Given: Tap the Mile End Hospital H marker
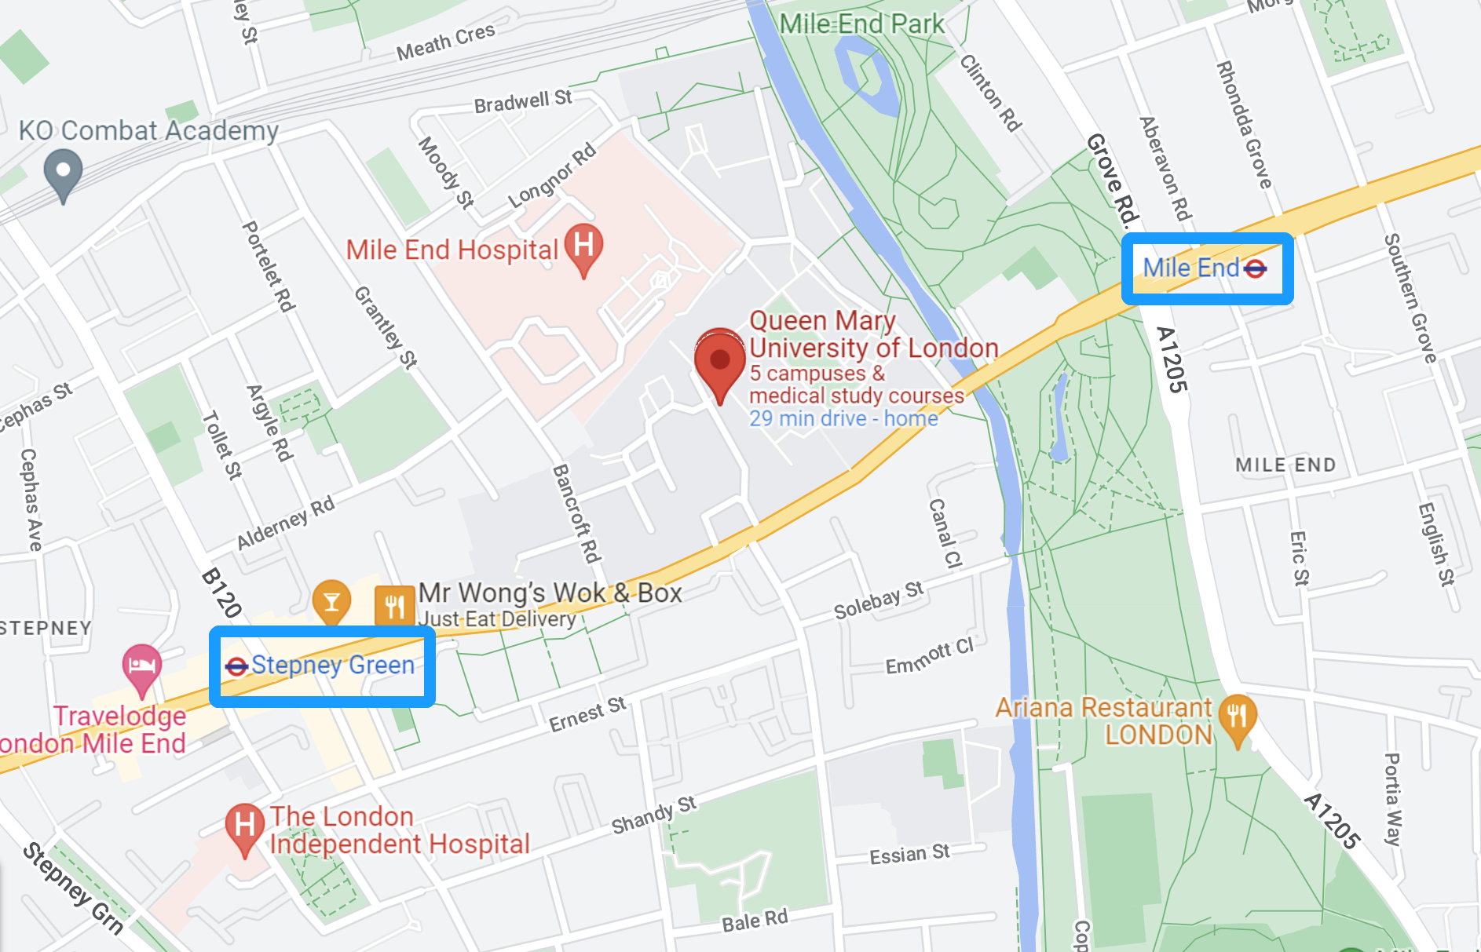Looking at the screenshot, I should (583, 246).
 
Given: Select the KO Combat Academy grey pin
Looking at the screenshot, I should (64, 172).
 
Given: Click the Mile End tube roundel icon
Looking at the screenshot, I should (1255, 269).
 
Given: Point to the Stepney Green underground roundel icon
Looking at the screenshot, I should (236, 666).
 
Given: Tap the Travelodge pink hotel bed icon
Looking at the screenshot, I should (141, 666).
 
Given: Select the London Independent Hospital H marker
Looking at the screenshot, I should (244, 826).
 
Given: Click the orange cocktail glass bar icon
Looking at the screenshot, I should (331, 602).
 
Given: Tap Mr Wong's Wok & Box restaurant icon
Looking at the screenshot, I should (394, 606).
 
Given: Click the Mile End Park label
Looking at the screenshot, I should (861, 24).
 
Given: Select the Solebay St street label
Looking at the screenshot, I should (878, 600).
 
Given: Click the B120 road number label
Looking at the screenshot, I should (221, 593).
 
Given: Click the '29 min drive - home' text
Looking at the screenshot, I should (843, 418).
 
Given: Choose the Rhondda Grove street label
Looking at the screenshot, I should (1243, 125).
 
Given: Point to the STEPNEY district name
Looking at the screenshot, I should (46, 628).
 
